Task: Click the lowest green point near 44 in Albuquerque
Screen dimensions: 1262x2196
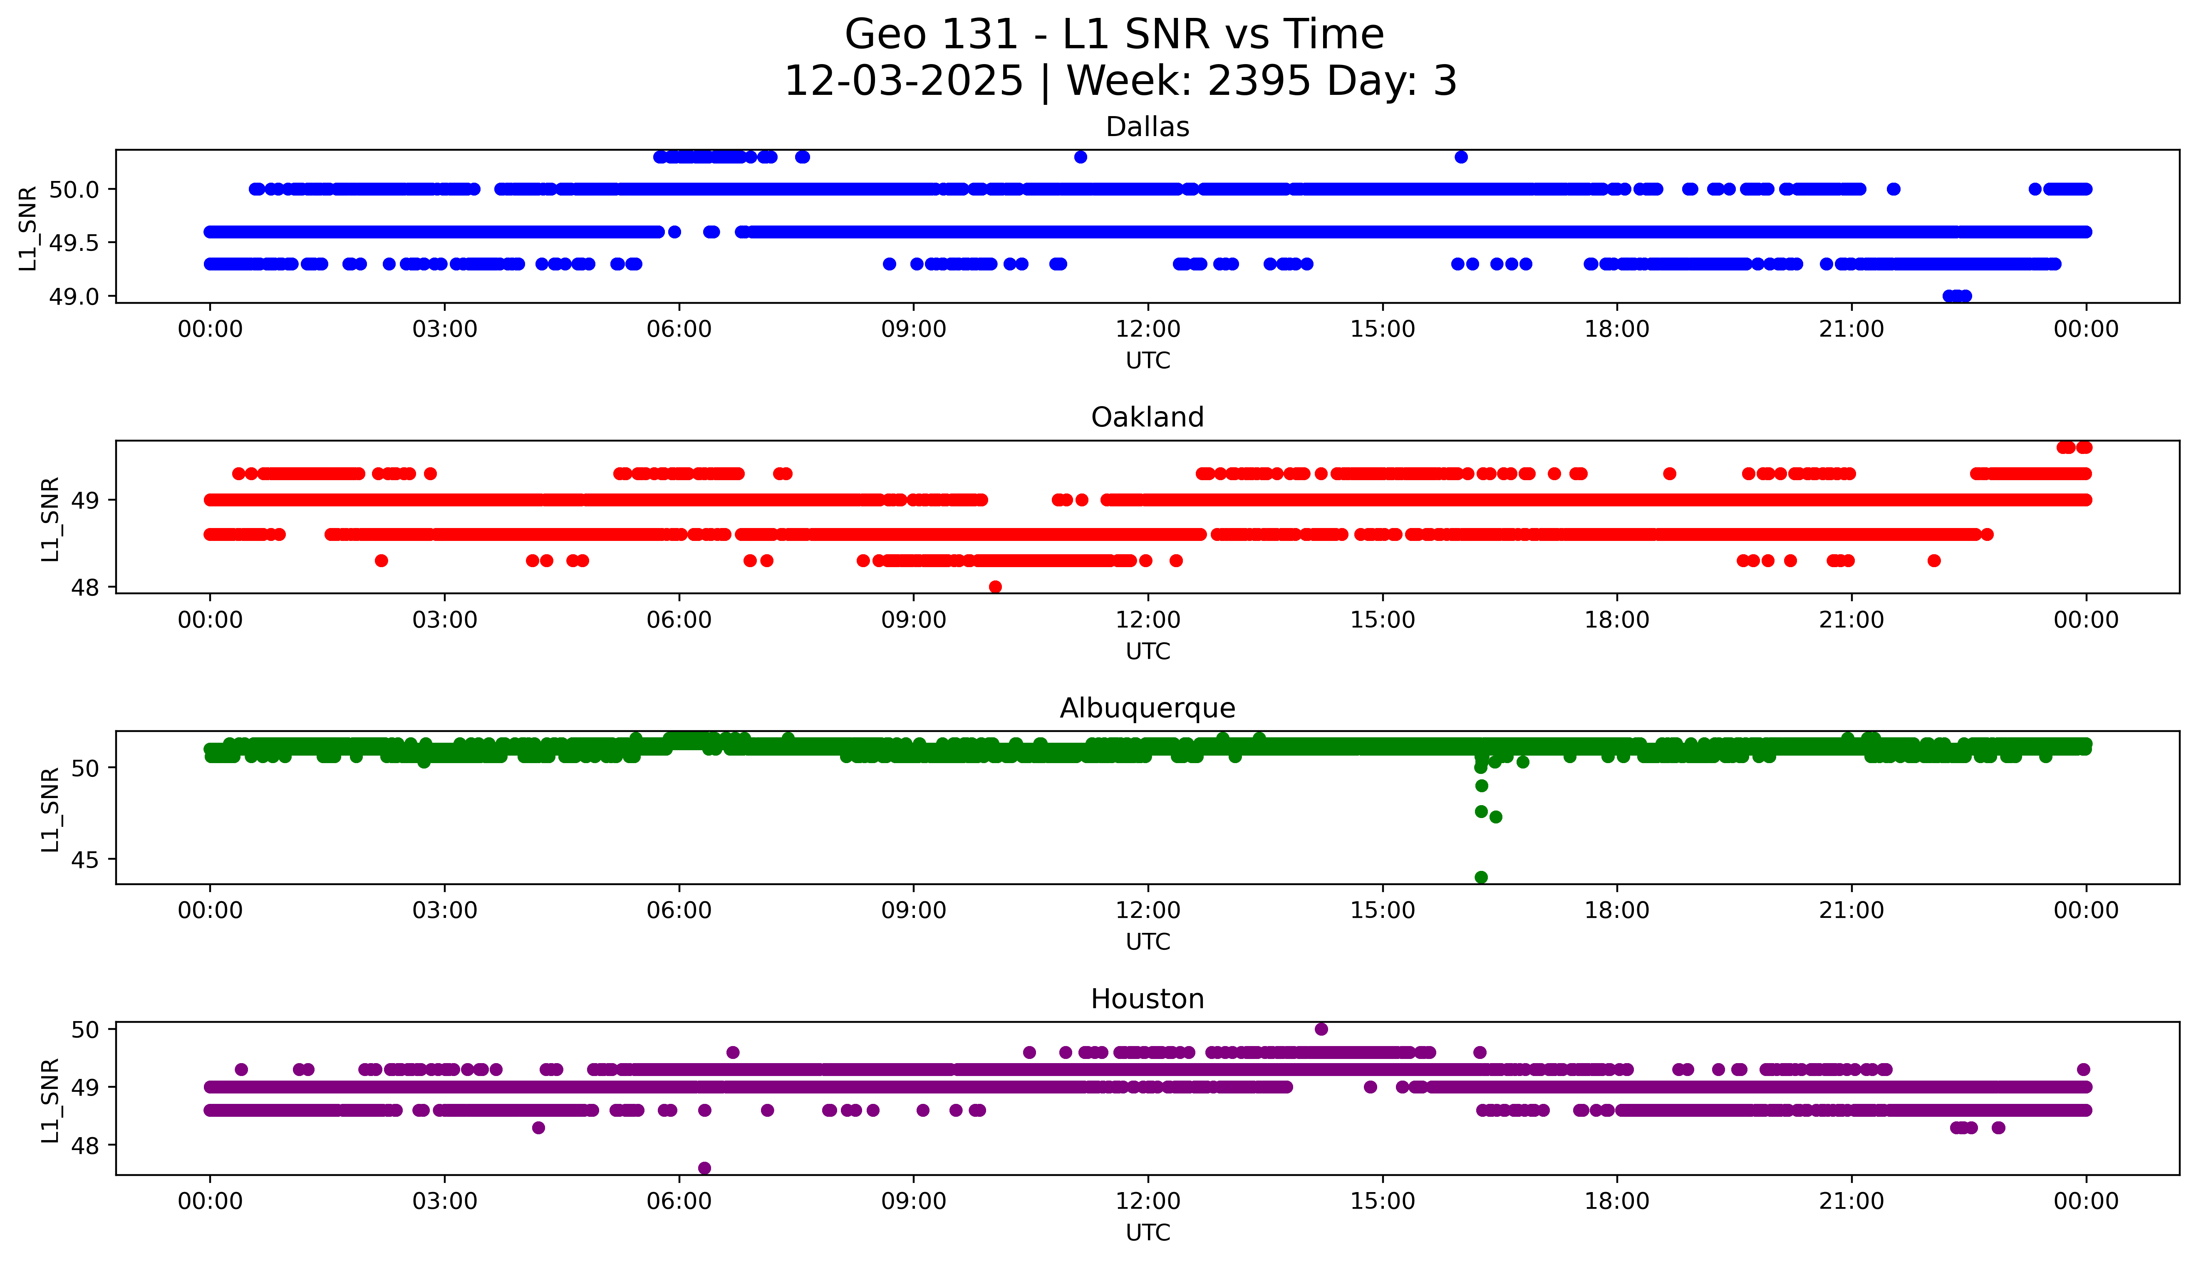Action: pos(1481,877)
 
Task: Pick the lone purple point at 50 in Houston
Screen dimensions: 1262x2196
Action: pos(1321,1029)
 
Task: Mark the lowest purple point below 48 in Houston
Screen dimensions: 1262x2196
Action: pos(704,1168)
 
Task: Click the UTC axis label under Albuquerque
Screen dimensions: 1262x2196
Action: pos(1148,942)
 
